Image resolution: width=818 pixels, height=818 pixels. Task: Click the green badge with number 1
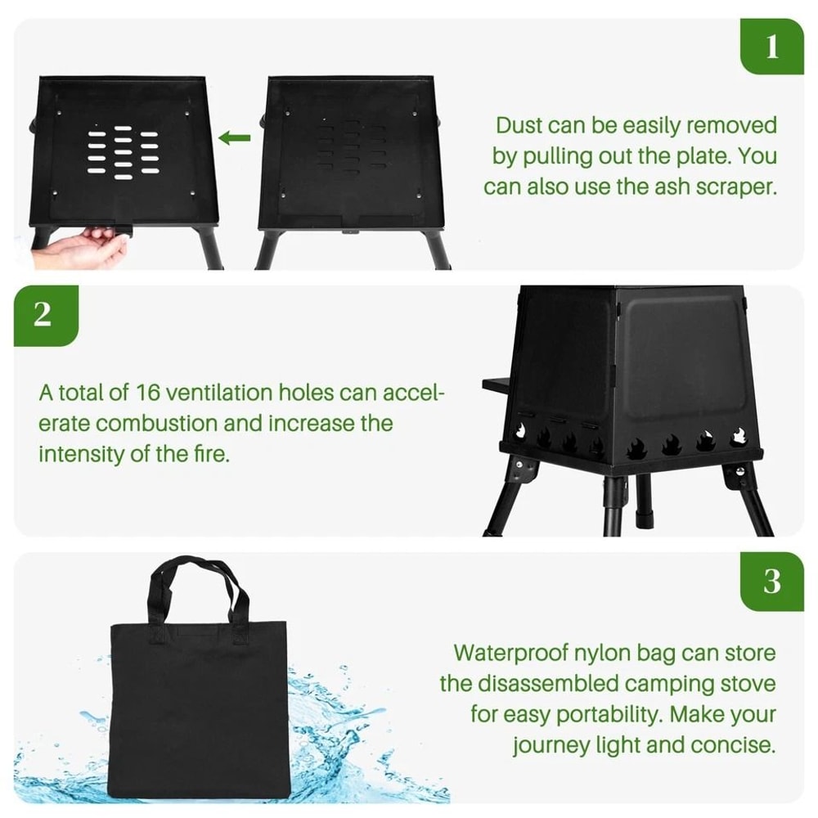tap(772, 47)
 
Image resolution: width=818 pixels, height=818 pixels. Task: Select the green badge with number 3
tap(772, 582)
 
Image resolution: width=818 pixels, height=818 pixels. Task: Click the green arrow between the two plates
tap(235, 137)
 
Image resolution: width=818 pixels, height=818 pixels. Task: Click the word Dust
tap(519, 126)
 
